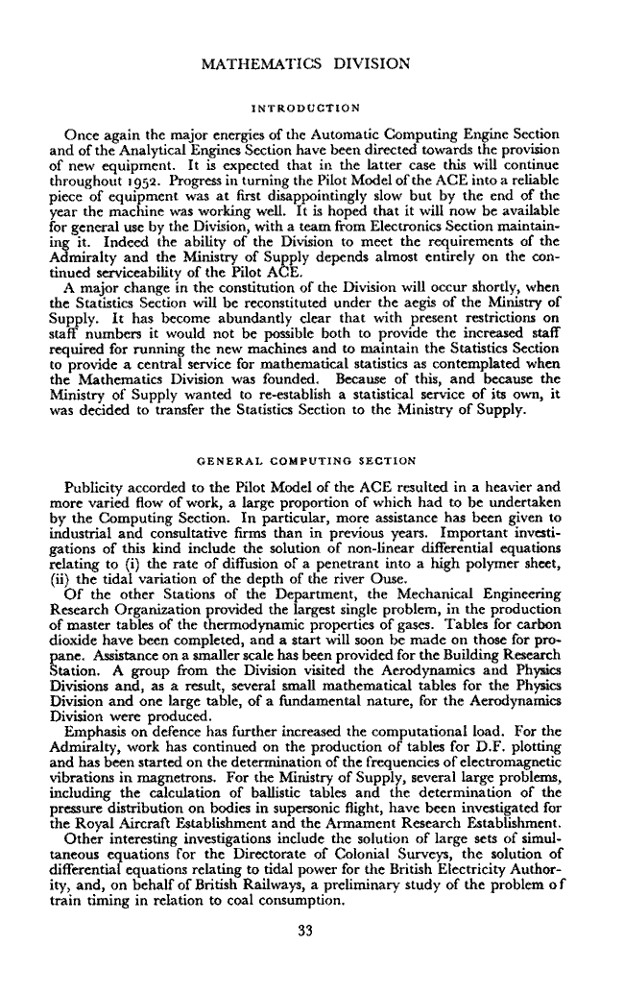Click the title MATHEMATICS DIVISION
[x=308, y=64]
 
